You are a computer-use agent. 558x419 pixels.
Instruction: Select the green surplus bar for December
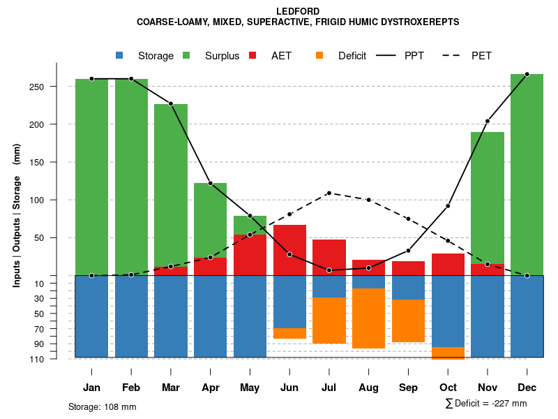(527, 175)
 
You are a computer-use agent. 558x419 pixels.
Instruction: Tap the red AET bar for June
(289, 250)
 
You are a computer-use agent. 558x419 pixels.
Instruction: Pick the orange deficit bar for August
(368, 318)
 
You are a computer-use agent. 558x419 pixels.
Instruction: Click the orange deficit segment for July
(329, 321)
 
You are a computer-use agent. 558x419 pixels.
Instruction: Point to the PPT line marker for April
(210, 183)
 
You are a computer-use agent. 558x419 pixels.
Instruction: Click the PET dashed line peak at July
(329, 193)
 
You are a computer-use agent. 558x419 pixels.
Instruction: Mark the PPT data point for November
(488, 121)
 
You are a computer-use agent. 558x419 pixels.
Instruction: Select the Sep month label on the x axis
(408, 388)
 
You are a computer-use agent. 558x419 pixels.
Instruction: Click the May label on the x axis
(250, 388)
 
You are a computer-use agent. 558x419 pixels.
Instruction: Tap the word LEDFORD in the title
(298, 12)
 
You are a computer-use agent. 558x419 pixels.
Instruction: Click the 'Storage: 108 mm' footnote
(102, 406)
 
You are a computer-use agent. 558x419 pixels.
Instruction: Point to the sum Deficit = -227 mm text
(486, 403)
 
